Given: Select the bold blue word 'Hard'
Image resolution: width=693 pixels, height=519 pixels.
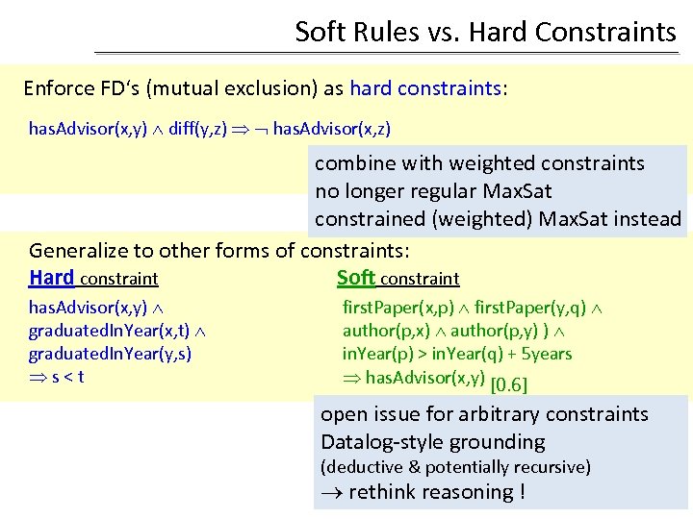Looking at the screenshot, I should pos(51,278).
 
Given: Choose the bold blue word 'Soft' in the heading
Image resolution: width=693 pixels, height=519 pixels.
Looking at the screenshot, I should pos(355,278).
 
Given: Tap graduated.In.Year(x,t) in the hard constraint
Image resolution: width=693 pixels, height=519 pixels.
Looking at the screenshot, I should pos(109,331).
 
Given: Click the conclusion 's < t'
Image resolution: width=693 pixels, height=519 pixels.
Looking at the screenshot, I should pos(66,376).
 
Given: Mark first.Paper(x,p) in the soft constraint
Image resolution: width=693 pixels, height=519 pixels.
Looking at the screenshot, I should pos(395,309).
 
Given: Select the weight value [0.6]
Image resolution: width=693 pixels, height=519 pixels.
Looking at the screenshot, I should pos(509,385).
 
